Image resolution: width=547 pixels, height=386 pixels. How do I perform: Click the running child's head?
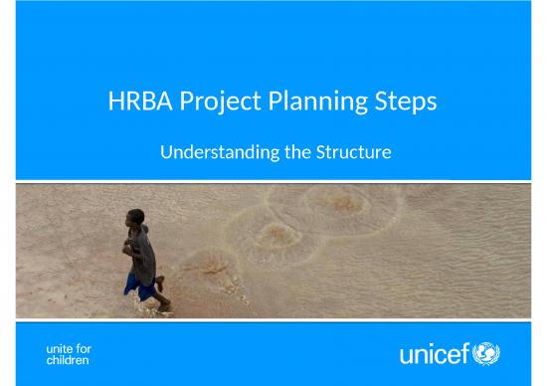tap(133, 218)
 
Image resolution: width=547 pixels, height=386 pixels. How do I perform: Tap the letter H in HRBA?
tap(115, 102)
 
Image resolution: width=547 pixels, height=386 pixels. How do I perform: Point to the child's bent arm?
tap(127, 245)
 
